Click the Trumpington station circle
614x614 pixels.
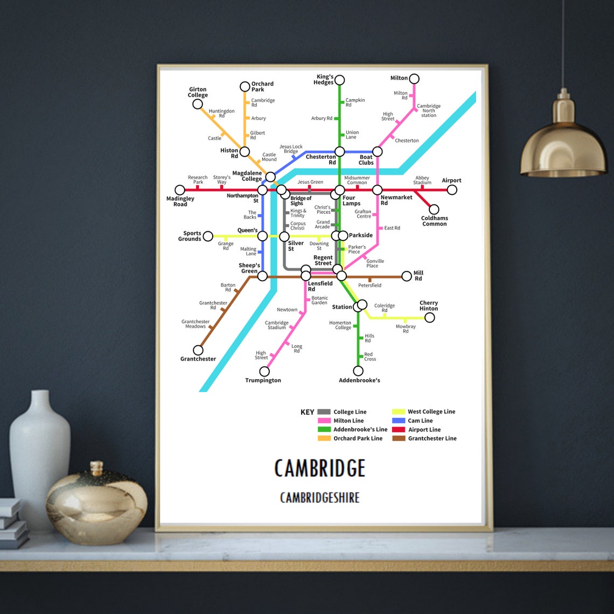click(x=264, y=372)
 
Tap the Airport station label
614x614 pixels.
click(x=451, y=180)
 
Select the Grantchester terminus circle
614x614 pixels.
click(x=198, y=351)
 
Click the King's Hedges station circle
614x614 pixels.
click(x=339, y=80)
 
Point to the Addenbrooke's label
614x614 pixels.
click(x=359, y=380)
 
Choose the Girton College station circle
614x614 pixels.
click(x=198, y=104)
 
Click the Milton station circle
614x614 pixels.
click(x=414, y=79)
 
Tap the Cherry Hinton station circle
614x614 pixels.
click(x=429, y=318)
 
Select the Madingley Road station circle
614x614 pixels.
click(x=180, y=190)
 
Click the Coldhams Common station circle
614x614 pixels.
click(x=434, y=210)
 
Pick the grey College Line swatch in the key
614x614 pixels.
click(x=324, y=412)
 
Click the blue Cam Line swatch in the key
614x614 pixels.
click(x=399, y=421)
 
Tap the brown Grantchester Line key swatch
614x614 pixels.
click(x=399, y=438)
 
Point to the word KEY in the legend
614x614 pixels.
click(x=307, y=412)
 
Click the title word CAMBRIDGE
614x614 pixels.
click(x=320, y=468)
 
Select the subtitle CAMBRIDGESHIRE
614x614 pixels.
click(x=320, y=498)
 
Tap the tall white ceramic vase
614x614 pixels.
click(x=40, y=458)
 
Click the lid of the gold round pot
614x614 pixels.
click(x=96, y=468)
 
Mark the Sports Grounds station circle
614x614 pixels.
click(x=208, y=236)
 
